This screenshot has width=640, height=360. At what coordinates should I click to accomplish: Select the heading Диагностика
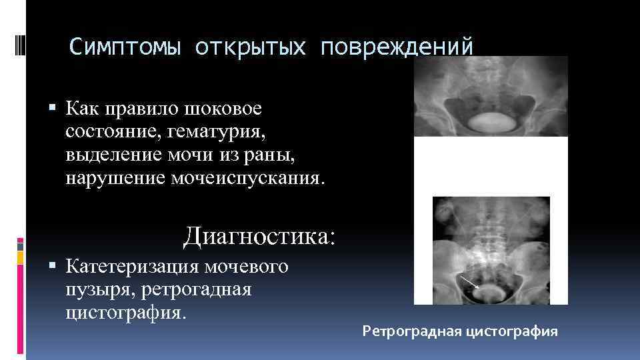tap(261, 236)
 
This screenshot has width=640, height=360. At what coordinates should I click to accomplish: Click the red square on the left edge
tap(20, 241)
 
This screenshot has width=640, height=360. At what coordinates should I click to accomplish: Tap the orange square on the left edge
tap(20, 257)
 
